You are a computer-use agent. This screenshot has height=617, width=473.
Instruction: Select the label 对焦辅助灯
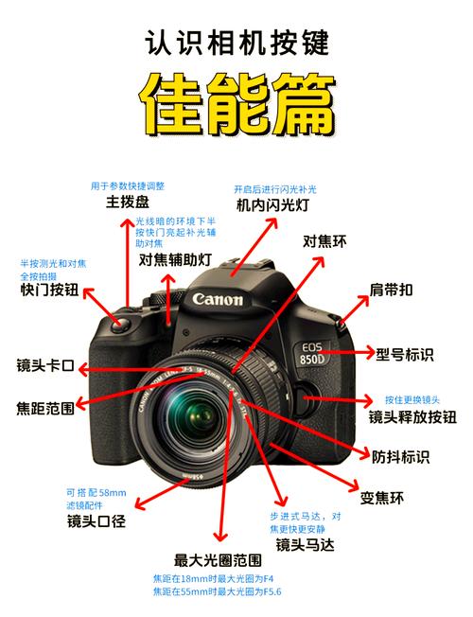click(175, 259)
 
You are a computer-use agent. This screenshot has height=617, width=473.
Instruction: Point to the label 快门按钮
click(50, 291)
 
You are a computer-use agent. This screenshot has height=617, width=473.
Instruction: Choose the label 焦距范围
click(45, 409)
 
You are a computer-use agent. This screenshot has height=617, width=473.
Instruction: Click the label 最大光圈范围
click(219, 559)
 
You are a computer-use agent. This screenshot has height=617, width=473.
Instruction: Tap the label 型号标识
click(405, 355)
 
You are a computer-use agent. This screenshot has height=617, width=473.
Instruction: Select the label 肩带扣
click(391, 291)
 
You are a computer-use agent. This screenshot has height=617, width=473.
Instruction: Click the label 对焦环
click(324, 242)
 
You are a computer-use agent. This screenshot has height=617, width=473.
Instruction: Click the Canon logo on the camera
click(219, 300)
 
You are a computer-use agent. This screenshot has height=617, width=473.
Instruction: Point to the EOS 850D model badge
click(309, 353)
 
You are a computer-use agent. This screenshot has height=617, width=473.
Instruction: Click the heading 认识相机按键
click(237, 42)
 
